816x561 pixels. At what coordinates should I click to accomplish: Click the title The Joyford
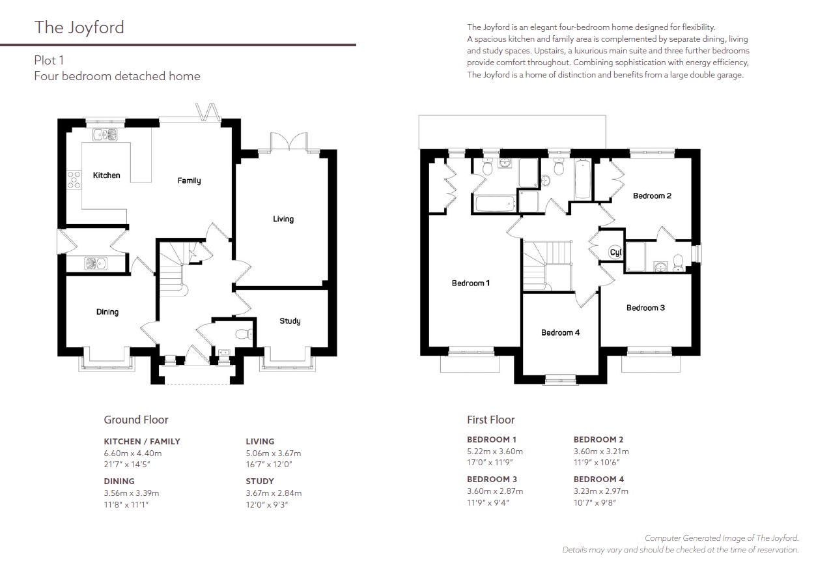pos(79,28)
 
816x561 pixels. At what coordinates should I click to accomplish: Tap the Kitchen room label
pos(106,175)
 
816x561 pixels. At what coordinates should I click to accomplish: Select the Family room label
pos(189,180)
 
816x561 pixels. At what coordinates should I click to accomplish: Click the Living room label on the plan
pos(283,219)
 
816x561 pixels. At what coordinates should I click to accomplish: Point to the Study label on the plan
pos(290,321)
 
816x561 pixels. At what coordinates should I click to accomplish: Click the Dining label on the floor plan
pos(107,312)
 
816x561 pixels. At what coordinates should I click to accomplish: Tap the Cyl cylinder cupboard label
pos(615,252)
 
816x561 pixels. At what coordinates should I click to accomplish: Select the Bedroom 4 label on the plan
pos(560,332)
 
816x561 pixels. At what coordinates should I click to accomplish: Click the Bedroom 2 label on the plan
pos(652,195)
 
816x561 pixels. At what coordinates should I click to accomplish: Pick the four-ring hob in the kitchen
pos(74,180)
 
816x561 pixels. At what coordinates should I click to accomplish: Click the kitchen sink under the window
pos(105,135)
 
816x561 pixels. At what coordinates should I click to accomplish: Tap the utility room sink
pos(96,263)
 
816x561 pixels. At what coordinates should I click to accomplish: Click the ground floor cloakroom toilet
pos(244,334)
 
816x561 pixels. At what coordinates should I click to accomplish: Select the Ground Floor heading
pos(136,420)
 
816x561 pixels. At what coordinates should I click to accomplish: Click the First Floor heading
pos(490,420)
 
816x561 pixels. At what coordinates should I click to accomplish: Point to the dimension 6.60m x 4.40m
pos(133,453)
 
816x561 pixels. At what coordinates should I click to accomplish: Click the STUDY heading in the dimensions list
pos(260,481)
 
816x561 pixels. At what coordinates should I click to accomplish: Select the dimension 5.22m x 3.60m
pos(495,452)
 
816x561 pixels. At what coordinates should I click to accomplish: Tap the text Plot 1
pos(49,61)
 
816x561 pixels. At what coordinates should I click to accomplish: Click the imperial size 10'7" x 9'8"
pos(595,502)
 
